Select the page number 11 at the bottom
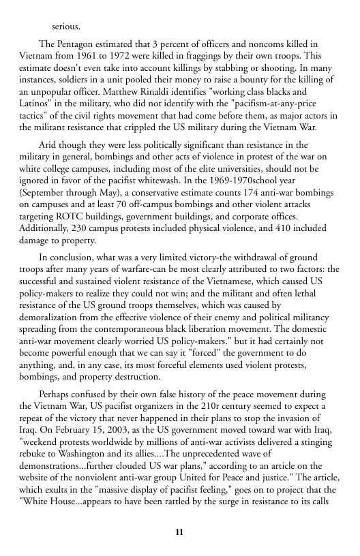click(x=179, y=531)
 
